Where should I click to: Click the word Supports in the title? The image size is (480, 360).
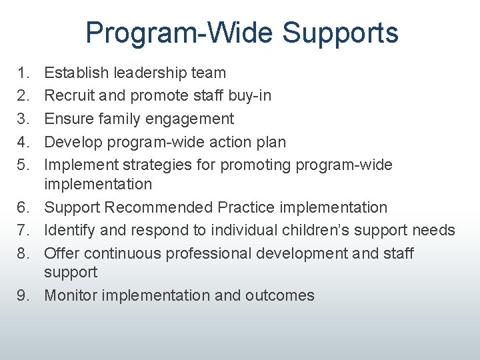coord(340,33)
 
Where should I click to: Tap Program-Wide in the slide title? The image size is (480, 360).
coord(179,33)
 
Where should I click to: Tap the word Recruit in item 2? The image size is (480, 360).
coord(70,95)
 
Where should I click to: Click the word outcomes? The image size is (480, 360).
coord(281,295)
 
